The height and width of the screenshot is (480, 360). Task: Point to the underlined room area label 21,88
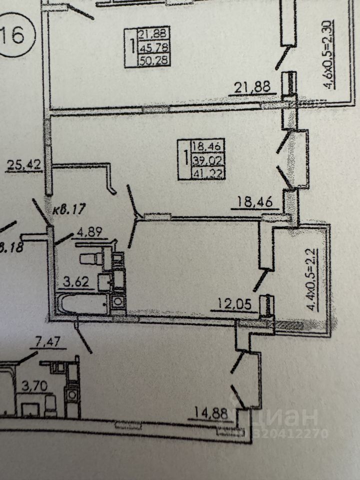[x=252, y=87]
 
